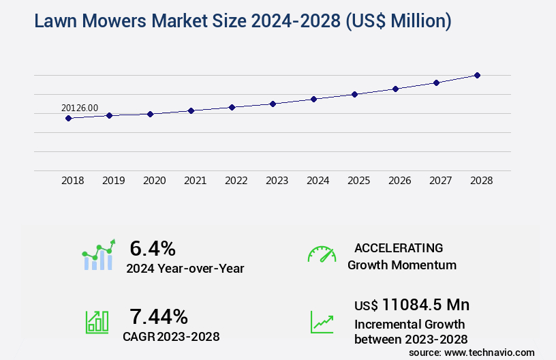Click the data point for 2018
68,118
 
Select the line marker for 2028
477,75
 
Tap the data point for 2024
313,99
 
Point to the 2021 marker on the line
191,110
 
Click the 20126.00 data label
80,108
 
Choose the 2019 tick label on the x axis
114,181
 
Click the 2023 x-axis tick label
277,181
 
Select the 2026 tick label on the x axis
400,181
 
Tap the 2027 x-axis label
441,181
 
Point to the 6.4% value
153,247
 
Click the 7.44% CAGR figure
159,316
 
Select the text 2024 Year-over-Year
185,269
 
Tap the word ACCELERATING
399,247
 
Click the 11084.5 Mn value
425,304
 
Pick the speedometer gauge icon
322,254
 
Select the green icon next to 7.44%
96,322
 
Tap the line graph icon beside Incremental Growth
322,322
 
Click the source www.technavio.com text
472,352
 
